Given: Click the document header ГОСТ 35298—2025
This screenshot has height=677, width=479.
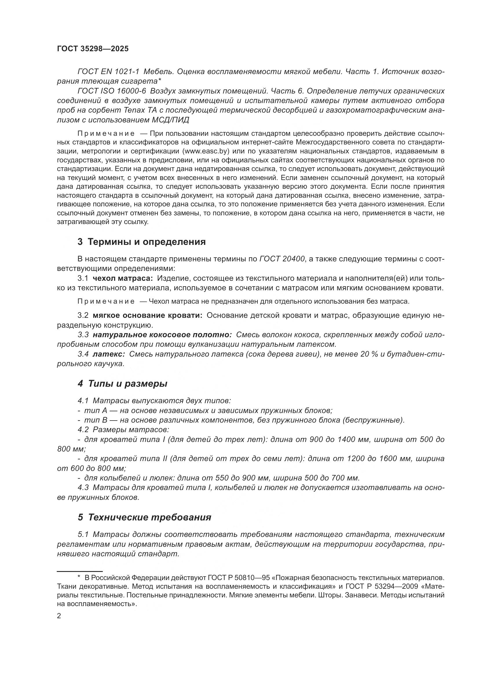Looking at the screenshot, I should click(93, 49).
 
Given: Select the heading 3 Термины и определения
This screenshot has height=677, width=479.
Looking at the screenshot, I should click(142, 242).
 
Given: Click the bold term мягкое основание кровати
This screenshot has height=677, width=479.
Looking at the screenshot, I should click(147, 315).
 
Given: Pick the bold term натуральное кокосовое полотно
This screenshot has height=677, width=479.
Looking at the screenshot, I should click(162, 335).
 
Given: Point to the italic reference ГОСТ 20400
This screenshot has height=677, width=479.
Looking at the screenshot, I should click(282, 259).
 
